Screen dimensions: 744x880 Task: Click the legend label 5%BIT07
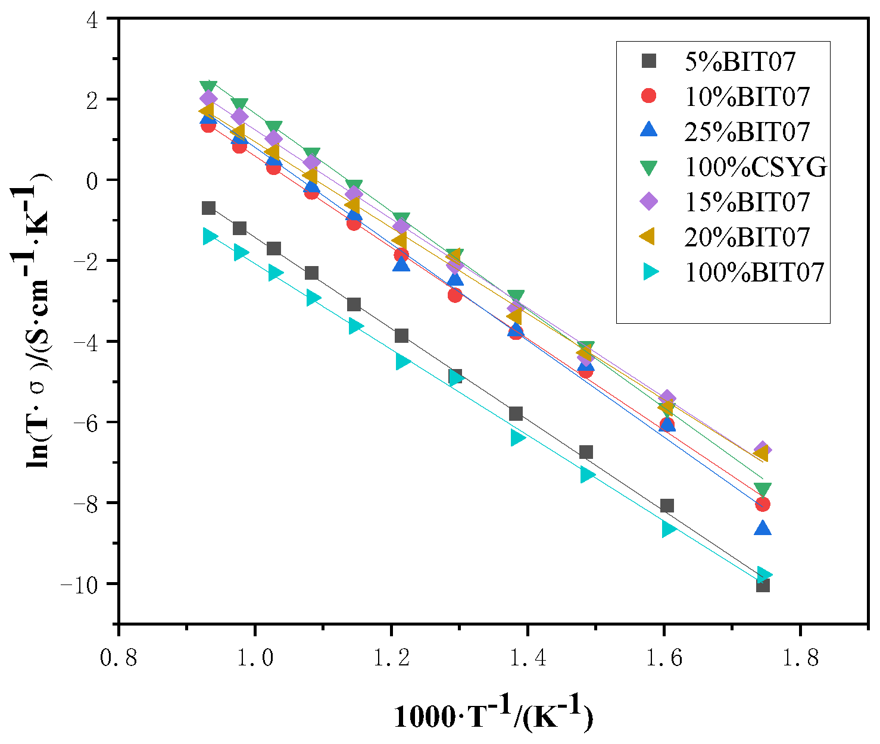(740, 61)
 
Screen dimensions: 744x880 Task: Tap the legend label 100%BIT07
(754, 272)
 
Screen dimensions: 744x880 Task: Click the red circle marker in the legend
(648, 96)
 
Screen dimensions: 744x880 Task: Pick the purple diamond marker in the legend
(648, 202)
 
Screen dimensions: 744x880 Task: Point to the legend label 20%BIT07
(747, 237)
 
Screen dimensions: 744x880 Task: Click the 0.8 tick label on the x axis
(119, 658)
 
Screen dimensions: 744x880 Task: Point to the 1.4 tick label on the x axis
(528, 658)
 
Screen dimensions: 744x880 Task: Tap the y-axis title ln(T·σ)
(37, 321)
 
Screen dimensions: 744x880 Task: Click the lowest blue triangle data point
(763, 528)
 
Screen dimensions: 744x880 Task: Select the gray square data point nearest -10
(763, 586)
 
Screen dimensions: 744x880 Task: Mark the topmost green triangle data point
(208, 87)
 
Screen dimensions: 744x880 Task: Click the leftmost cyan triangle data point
(210, 236)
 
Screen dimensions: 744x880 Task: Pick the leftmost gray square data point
(208, 208)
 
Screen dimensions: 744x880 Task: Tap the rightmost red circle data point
(763, 504)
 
